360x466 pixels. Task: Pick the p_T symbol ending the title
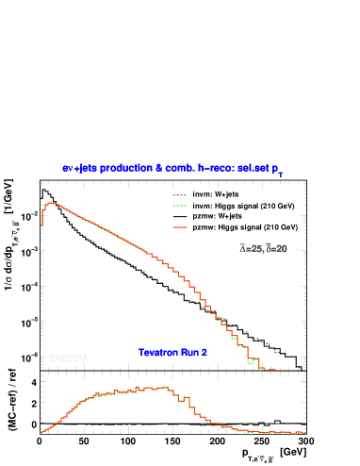coord(277,169)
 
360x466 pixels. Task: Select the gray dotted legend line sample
coord(180,195)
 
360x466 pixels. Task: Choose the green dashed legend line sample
coord(180,205)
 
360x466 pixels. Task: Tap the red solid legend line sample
coord(180,227)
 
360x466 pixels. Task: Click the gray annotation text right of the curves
coord(263,248)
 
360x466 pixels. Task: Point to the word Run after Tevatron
coord(188,352)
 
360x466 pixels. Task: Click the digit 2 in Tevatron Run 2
coord(204,352)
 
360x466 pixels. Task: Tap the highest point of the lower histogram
coord(166,387)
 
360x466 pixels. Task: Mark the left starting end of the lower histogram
coord(41,431)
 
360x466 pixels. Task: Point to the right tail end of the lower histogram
coord(304,433)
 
